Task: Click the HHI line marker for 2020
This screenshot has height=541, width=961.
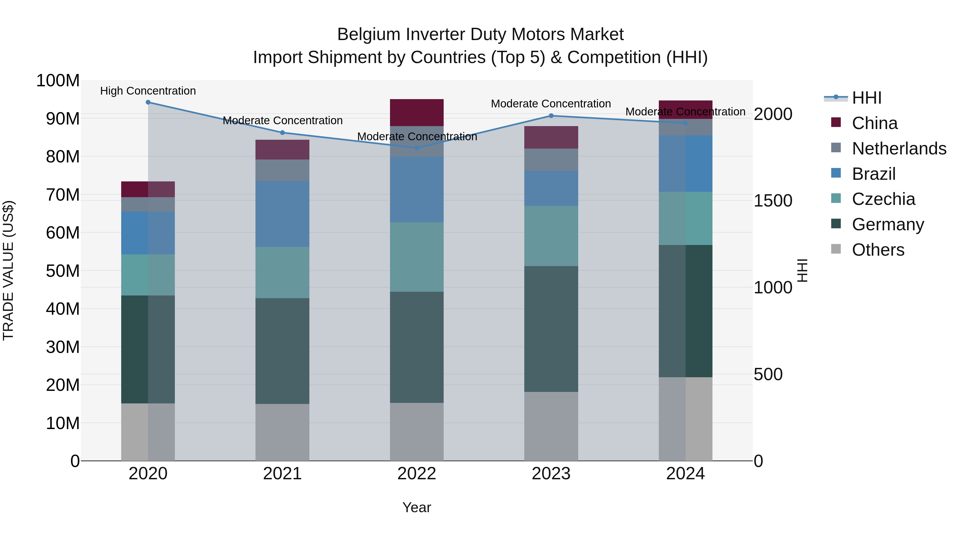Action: pos(148,102)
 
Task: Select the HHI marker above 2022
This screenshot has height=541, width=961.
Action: pos(417,148)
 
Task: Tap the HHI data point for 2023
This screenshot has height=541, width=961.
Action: pos(551,116)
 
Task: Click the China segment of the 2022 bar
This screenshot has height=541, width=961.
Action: pos(417,112)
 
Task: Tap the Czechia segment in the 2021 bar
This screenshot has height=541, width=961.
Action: pos(282,272)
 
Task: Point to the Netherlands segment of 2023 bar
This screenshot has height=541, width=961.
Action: pos(551,159)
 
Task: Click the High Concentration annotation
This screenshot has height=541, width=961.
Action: pos(148,91)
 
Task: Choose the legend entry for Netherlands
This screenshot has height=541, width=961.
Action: pos(899,148)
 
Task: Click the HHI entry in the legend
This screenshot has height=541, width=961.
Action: pos(866,98)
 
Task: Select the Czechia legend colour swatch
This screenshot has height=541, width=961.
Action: pos(836,198)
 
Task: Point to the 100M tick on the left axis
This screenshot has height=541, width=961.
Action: pos(58,81)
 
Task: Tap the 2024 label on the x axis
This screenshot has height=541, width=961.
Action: pos(685,474)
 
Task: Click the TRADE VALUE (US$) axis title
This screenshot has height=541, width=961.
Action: pos(8,270)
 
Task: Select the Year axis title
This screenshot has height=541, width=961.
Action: pos(417,507)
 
